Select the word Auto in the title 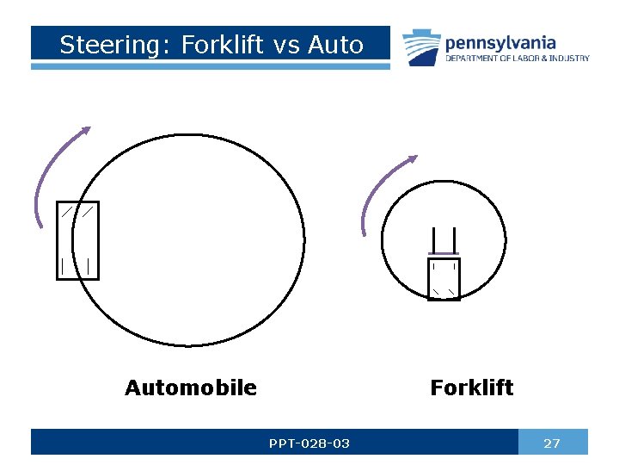point(334,45)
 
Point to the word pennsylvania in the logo point(500,42)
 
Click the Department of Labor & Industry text point(517,59)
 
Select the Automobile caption point(190,388)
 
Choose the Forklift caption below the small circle point(471,388)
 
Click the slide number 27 point(552,443)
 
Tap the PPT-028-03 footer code point(309,443)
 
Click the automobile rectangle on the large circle point(77,240)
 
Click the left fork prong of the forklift point(435,239)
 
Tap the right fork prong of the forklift point(454,239)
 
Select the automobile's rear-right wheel point(89,265)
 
